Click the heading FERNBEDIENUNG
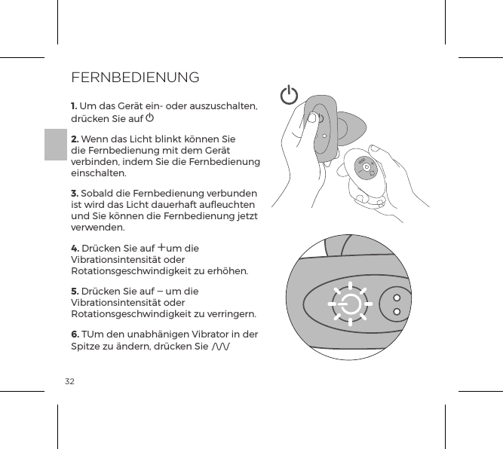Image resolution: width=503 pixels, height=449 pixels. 134,78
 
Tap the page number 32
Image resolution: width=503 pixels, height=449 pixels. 69,381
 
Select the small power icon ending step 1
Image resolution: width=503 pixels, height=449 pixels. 151,118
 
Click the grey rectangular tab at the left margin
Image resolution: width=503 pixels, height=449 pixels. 55,144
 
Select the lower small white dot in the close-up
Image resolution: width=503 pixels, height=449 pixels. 397,310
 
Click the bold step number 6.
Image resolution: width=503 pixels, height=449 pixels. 74,334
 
